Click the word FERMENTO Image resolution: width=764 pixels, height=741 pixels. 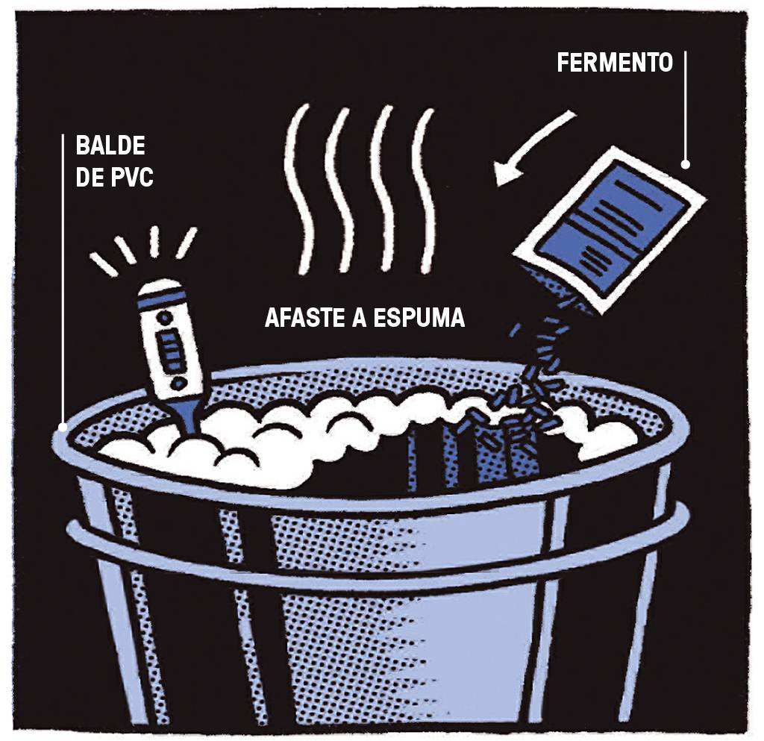coord(615,63)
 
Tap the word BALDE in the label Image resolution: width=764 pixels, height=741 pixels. coord(110,146)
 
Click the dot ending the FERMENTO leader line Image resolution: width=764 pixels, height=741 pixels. coord(685,165)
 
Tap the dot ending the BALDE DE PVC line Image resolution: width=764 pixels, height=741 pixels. coord(63,428)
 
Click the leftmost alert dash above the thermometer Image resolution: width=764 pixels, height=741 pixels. coord(103,265)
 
